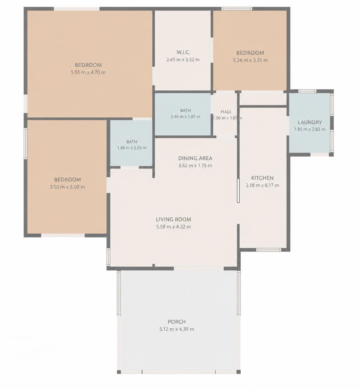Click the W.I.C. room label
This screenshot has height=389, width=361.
[x=183, y=52]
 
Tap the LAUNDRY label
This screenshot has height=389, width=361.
[x=310, y=122]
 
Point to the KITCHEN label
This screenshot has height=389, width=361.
[x=262, y=178]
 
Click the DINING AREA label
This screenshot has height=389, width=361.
[x=195, y=158]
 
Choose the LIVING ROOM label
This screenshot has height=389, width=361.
[x=173, y=219]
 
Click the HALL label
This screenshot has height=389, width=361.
[x=226, y=112]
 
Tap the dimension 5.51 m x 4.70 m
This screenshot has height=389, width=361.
[x=88, y=73]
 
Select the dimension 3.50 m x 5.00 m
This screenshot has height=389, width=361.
[x=67, y=187]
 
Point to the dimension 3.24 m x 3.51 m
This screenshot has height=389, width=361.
[x=250, y=60]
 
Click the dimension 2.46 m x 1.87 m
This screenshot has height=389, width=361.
[x=185, y=117]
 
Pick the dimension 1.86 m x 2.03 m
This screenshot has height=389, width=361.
[x=132, y=148]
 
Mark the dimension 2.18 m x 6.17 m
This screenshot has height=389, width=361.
[x=262, y=185]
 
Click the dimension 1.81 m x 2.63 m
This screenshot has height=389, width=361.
[x=310, y=129]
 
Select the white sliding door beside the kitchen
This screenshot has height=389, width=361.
[x=238, y=190]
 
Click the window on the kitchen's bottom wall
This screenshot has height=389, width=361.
[x=268, y=250]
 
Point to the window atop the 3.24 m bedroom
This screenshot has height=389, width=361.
[x=237, y=9]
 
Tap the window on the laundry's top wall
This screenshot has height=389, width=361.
[x=307, y=91]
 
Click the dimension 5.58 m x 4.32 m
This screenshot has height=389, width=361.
[x=173, y=227]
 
